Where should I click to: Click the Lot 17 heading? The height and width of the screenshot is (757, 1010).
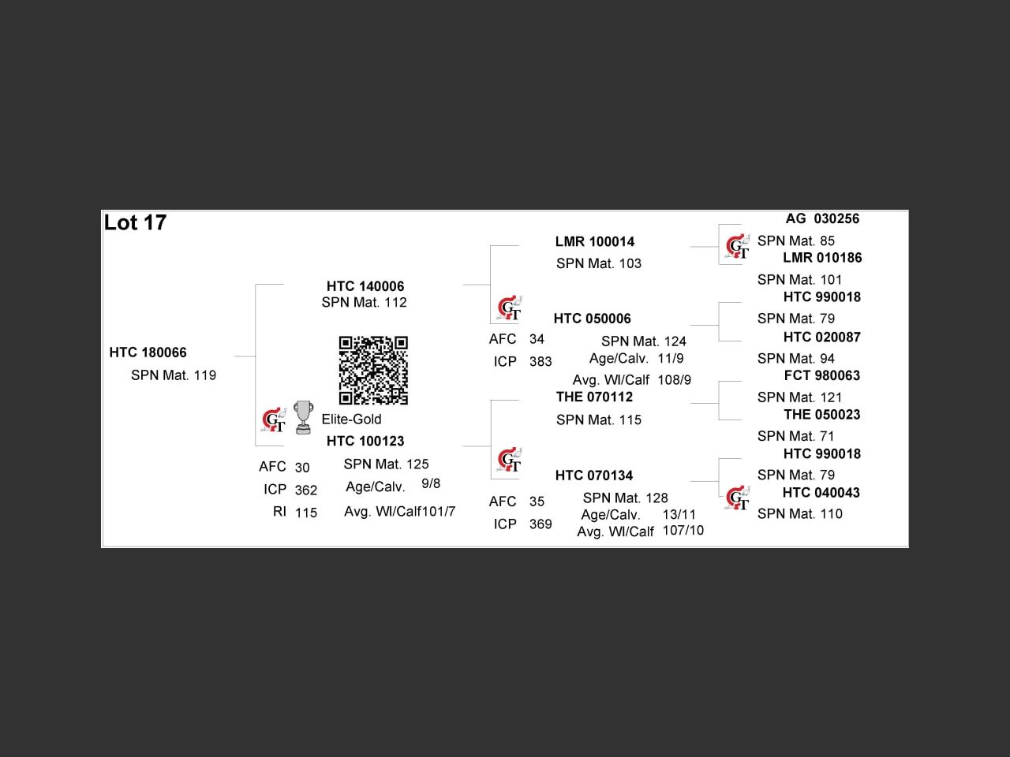click(135, 223)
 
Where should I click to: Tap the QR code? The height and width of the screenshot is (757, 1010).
click(373, 370)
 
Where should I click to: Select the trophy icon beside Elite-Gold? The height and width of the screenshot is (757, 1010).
click(302, 417)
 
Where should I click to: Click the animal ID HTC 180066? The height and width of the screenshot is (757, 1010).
click(148, 352)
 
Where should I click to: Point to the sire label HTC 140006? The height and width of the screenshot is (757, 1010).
click(365, 286)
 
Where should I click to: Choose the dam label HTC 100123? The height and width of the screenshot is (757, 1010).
click(365, 441)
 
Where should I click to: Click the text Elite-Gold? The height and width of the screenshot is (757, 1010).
click(351, 419)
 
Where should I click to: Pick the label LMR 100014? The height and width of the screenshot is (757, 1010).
click(595, 241)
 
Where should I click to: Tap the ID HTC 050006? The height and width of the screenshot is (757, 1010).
click(592, 319)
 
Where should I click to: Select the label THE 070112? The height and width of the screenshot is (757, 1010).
click(594, 397)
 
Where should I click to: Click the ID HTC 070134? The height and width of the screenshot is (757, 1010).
click(593, 475)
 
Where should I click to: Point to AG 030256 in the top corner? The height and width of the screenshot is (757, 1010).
click(822, 218)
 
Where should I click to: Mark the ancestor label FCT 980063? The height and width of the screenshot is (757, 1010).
click(821, 375)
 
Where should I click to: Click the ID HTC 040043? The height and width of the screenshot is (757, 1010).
click(821, 493)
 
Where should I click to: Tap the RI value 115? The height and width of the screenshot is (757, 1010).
click(306, 513)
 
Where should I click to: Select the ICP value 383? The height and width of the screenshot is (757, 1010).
click(541, 362)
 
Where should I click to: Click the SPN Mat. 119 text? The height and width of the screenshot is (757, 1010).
click(174, 375)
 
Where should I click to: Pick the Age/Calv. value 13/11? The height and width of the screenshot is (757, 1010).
click(679, 514)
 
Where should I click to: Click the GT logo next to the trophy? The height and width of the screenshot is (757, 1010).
click(275, 420)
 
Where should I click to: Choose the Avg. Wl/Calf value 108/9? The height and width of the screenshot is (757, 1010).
click(674, 380)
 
